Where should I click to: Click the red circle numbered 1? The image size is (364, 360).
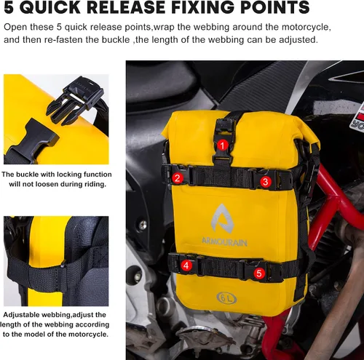pyautogui.click(x=222, y=145)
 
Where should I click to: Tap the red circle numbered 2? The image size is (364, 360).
pyautogui.click(x=178, y=178)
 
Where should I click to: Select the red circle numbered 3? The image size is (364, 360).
pyautogui.click(x=266, y=182)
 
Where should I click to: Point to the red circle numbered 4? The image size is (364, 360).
pyautogui.click(x=186, y=265)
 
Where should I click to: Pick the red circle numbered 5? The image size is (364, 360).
pyautogui.click(x=259, y=273)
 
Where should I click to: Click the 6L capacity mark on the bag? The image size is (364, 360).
pyautogui.click(x=226, y=298)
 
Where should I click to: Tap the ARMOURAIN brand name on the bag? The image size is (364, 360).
pyautogui.click(x=224, y=242)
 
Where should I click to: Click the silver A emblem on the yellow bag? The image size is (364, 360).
pyautogui.click(x=222, y=218)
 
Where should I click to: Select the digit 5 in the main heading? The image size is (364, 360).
pyautogui.click(x=9, y=7)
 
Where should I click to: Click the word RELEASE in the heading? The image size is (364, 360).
pyautogui.click(x=125, y=7)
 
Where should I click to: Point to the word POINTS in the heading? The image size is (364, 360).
pyautogui.click(x=275, y=7)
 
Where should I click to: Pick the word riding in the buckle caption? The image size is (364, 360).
pyautogui.click(x=95, y=185)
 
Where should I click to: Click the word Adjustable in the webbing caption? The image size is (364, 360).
pyautogui.click(x=22, y=315)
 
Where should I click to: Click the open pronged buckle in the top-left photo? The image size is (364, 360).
pyautogui.click(x=75, y=99)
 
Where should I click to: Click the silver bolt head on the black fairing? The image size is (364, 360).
pyautogui.click(x=143, y=225)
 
